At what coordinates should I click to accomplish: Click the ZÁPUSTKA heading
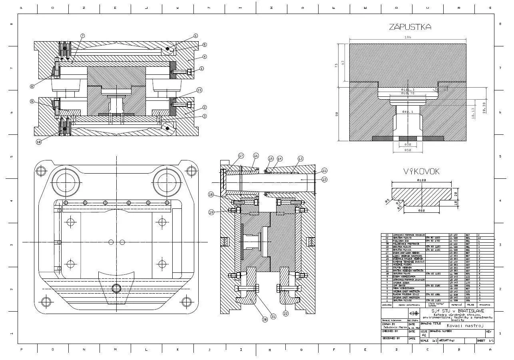coord(410,27)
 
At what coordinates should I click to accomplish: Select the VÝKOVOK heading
coord(421,172)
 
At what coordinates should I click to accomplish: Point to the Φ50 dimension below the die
coord(407,150)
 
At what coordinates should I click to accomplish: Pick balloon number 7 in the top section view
coord(82,36)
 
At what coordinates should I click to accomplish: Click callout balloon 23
coord(199,90)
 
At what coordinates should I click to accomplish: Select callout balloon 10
coord(38,142)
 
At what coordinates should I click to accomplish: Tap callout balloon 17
coord(241,156)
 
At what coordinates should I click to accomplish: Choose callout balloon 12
coord(324,180)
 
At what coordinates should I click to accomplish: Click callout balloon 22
coord(285,313)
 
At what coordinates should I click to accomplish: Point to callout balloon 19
coord(211,212)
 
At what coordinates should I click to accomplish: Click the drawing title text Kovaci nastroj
coord(464,326)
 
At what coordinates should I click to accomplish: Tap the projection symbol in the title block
coord(414,313)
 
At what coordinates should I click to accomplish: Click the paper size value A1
coord(424,335)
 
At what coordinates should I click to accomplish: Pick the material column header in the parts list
coord(456,305)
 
